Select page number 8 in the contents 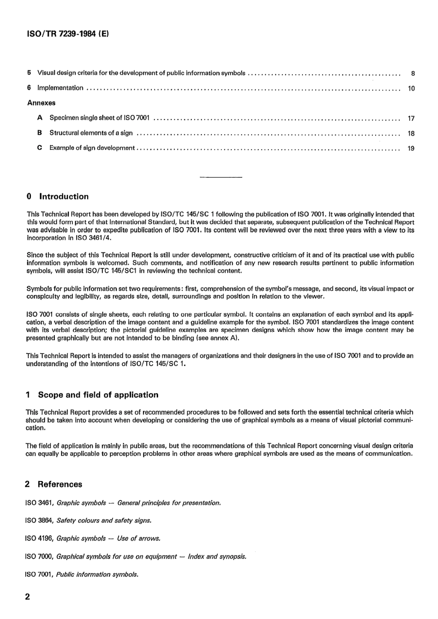[413, 73]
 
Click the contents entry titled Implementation [60, 88]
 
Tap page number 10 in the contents [411, 89]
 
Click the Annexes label [41, 103]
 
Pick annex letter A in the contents [40, 118]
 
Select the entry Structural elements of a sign [91, 133]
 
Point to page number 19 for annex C [411, 149]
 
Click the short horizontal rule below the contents [220, 177]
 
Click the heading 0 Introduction [58, 197]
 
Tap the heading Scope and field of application [98, 395]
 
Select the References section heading [59, 485]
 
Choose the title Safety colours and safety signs [104, 521]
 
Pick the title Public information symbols [97, 575]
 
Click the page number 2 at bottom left [28, 597]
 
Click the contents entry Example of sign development [92, 148]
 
